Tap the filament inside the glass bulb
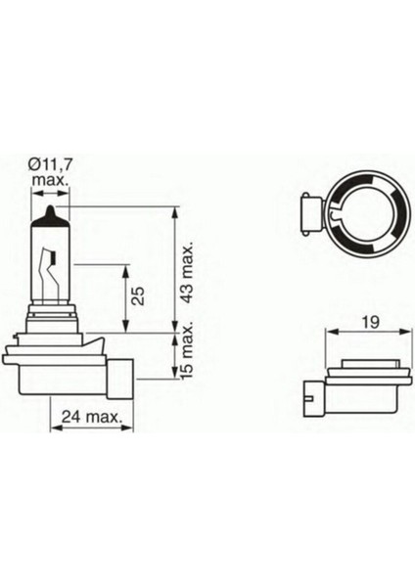[51, 265]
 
